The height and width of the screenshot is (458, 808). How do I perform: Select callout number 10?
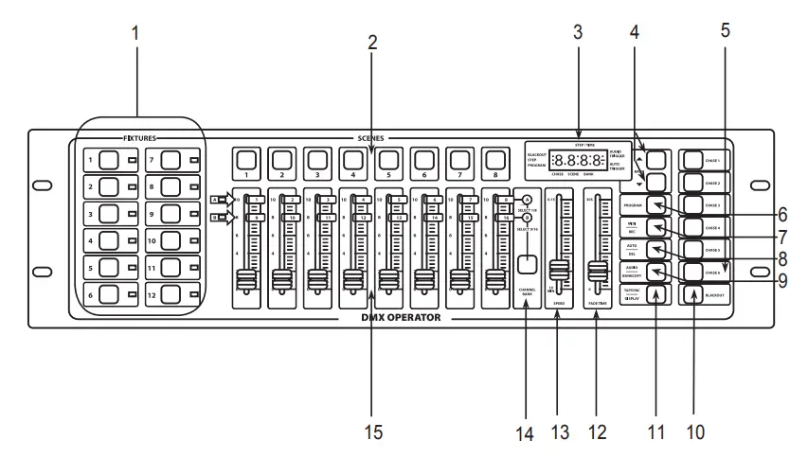coord(697,432)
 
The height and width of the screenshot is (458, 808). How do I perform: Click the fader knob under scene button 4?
coord(352,280)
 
